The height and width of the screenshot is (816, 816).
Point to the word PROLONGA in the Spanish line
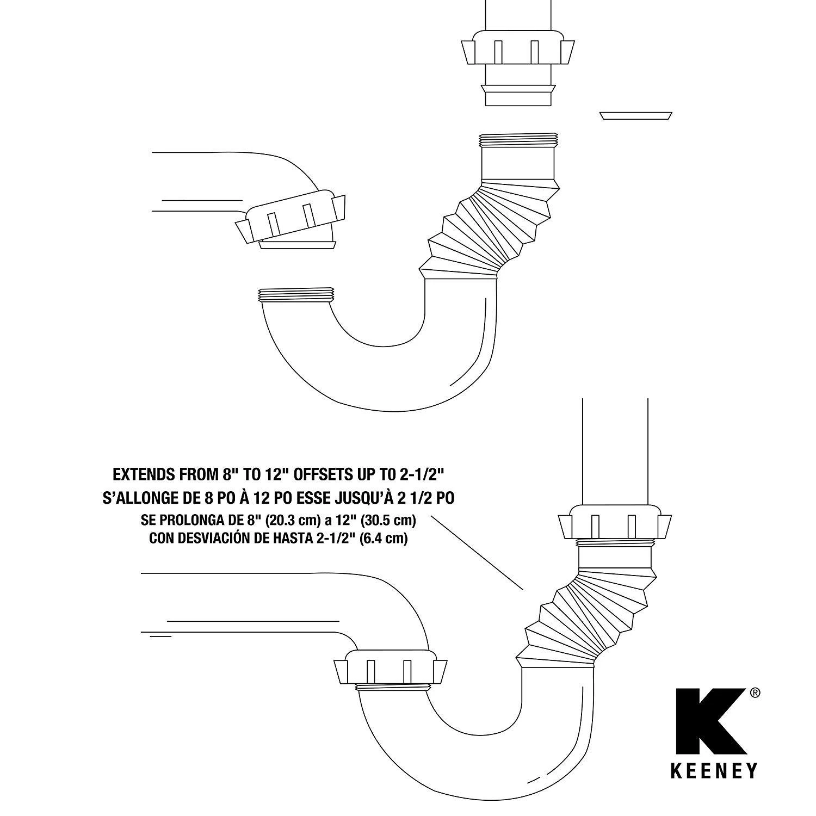[188, 520]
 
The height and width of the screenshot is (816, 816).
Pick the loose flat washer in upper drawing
[636, 116]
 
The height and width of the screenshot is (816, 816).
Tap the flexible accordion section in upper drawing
[489, 231]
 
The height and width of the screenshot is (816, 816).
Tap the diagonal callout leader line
[477, 552]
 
